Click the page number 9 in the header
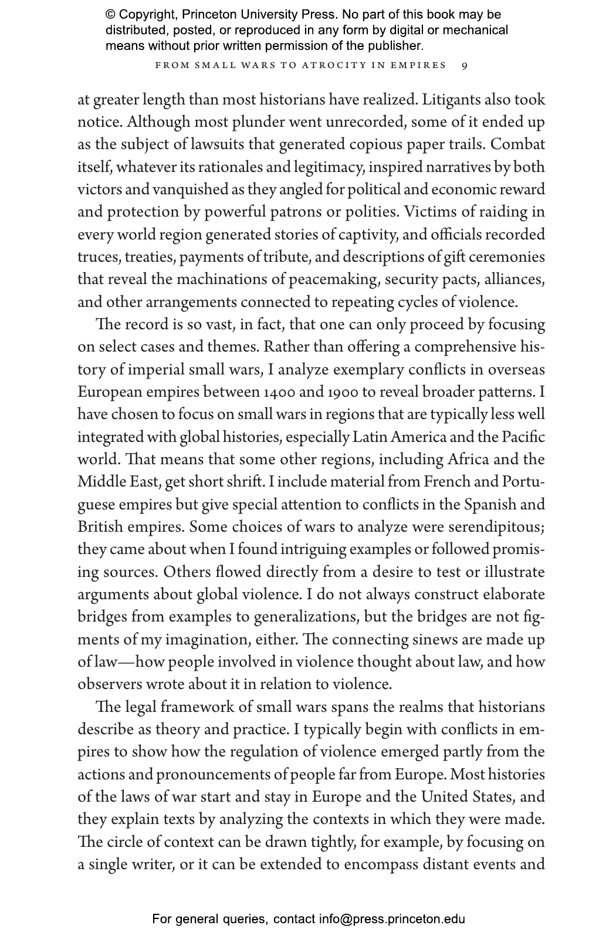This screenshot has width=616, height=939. (x=465, y=66)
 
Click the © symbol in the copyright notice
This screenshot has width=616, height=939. (x=110, y=15)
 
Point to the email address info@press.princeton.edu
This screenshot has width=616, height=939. (x=392, y=919)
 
